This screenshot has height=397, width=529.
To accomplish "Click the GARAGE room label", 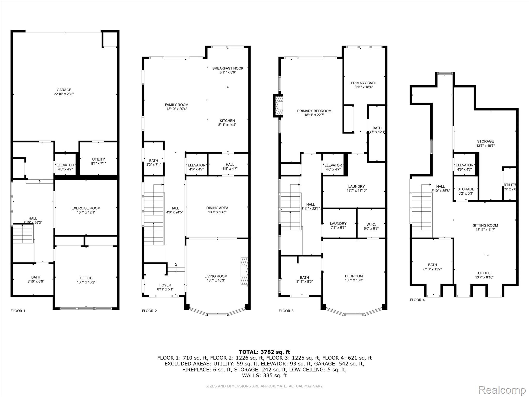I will tap(64, 90).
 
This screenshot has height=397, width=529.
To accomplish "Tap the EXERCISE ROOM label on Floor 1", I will tap(86, 208).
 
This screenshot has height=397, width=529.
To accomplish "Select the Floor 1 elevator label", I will tap(65, 165).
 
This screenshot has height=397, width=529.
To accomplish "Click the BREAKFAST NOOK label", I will tap(228, 68).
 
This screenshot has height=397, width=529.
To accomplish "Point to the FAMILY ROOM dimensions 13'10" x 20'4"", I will tap(177, 109).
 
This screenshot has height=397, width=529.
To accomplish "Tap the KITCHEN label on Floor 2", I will tap(227, 121).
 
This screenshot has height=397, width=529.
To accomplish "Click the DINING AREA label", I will tap(217, 208).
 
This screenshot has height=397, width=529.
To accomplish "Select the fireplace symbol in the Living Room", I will tap(244, 271).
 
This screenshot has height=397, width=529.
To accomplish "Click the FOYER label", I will tap(165, 285).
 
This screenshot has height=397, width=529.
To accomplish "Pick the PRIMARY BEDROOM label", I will tap(314, 111).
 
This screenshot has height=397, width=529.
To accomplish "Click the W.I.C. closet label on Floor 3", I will tap(371, 224).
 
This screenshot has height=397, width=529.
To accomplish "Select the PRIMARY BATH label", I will tap(363, 83).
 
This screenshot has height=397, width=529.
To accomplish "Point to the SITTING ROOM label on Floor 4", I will tap(485, 225).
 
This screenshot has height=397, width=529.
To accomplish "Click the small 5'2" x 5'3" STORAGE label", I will tap(466, 189).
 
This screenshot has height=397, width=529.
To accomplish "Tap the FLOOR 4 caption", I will tap(417, 300).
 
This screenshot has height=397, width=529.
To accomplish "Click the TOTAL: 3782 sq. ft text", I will tap(264, 352).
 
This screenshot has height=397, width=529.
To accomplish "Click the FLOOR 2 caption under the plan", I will tap(149, 311).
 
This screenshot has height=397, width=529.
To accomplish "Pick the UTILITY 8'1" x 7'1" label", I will tap(98, 159).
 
